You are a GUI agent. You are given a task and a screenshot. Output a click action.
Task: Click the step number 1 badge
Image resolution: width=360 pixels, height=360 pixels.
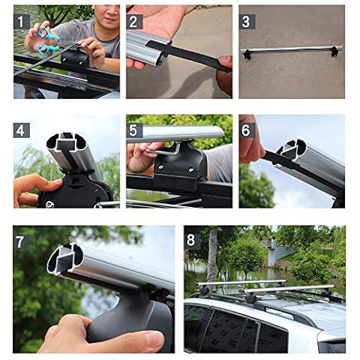22,22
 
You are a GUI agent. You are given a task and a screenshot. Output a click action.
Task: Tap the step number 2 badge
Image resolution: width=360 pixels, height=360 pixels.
134,22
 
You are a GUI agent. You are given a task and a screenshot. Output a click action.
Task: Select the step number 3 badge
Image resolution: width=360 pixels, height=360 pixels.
247,22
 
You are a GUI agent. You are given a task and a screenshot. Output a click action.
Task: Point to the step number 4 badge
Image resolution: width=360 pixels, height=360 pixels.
22,130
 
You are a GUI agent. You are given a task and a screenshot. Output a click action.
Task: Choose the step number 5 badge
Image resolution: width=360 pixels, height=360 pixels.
134,130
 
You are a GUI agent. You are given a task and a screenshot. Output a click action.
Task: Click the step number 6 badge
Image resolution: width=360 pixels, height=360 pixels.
247,130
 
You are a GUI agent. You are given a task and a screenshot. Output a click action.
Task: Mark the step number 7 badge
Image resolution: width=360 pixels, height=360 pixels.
21,242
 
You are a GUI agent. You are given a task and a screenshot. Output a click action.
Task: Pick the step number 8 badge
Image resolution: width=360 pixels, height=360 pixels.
192,241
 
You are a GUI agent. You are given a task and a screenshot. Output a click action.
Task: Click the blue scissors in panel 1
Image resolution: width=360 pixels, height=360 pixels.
47,40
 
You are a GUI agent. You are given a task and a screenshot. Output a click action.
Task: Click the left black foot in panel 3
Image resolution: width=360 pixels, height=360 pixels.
247,54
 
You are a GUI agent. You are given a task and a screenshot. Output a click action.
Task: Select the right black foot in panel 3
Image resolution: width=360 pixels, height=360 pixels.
334,51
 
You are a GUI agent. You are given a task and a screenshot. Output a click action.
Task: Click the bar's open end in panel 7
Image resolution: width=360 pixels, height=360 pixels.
65,259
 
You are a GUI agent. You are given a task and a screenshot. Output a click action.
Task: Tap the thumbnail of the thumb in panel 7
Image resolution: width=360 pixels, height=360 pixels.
154,339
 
